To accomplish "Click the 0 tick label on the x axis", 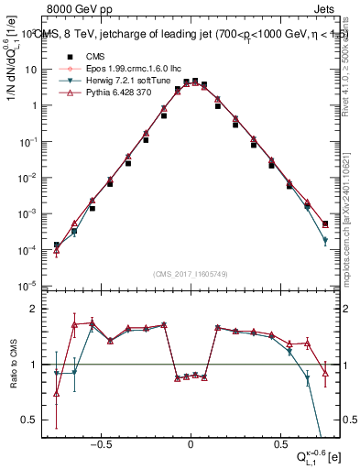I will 191,442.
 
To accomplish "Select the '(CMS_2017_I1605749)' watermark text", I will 191,275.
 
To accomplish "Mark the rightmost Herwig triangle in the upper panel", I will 325,241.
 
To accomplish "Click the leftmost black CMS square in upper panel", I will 56,245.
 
